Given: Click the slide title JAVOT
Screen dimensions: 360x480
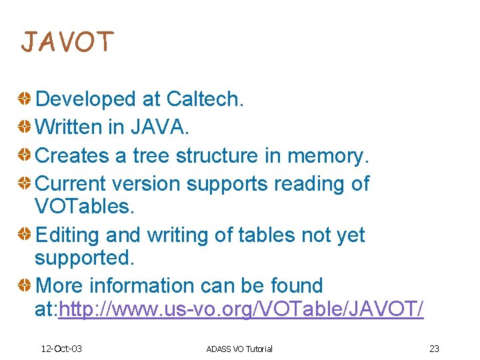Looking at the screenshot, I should (x=67, y=42).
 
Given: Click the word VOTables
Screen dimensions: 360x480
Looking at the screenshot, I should (x=84, y=206).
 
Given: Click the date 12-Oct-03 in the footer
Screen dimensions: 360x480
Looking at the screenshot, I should (x=61, y=349).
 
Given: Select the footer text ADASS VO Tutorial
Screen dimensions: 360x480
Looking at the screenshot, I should (x=239, y=349).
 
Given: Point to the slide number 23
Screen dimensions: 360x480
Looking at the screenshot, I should (x=434, y=349).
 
